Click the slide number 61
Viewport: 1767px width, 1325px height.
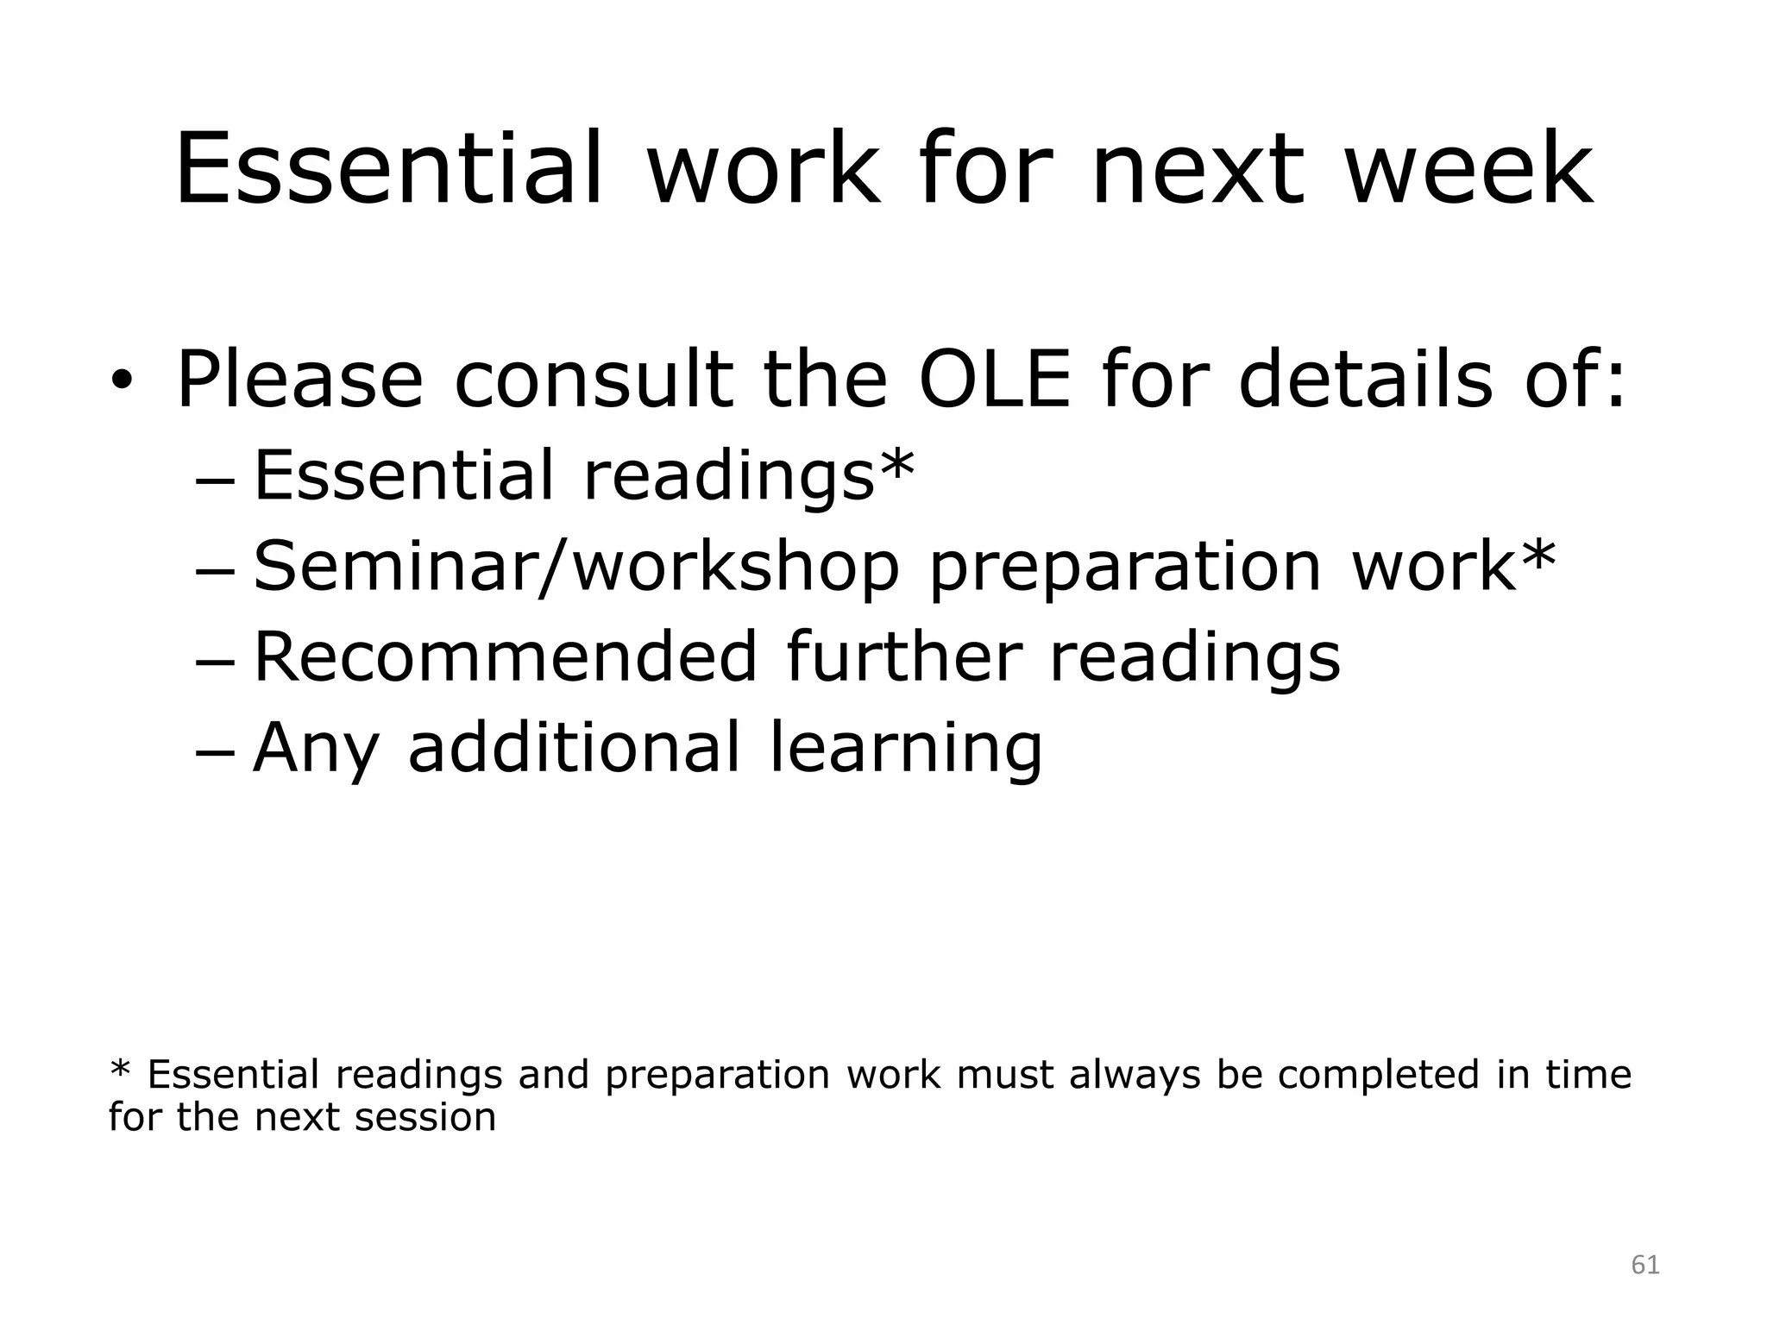click(x=1645, y=1265)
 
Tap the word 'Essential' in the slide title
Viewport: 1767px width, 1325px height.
click(x=388, y=170)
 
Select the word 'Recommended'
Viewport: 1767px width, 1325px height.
click(x=506, y=656)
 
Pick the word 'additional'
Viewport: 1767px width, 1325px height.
click(x=574, y=747)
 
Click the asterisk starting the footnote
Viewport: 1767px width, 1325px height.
click(x=120, y=1072)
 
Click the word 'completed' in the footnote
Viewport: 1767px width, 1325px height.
click(x=1378, y=1076)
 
